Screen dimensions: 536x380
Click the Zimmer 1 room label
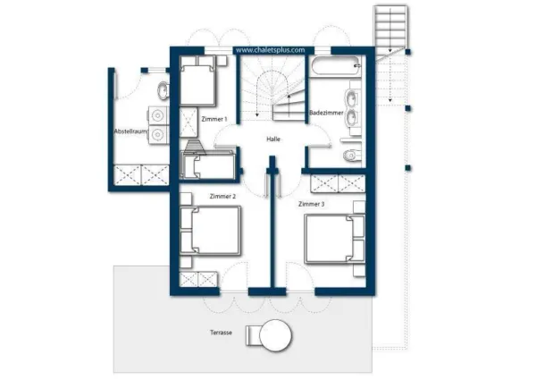[x=214, y=119]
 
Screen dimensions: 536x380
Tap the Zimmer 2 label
[x=222, y=197]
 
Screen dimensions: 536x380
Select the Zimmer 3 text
[x=312, y=204]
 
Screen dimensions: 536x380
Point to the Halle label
[x=273, y=139]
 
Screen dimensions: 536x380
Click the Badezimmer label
[x=326, y=113]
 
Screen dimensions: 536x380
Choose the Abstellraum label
[x=130, y=131]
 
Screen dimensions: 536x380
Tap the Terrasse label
[x=221, y=333]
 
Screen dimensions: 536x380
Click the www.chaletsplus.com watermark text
[x=270, y=50]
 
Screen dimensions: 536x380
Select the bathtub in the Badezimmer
[x=335, y=65]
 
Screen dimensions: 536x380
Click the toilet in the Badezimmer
[x=351, y=156]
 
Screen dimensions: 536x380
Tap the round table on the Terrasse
[x=275, y=335]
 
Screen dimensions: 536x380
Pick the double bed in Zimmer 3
[x=335, y=239]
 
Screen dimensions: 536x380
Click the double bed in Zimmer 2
[x=210, y=230]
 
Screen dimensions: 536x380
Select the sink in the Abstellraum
[x=163, y=90]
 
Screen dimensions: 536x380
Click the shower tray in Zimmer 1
[x=188, y=122]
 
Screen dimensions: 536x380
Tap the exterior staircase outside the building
[x=390, y=28]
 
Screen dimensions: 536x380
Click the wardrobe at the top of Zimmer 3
[x=338, y=183]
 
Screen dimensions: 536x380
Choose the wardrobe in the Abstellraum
[x=141, y=175]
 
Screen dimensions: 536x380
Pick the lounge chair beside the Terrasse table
[x=253, y=335]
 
